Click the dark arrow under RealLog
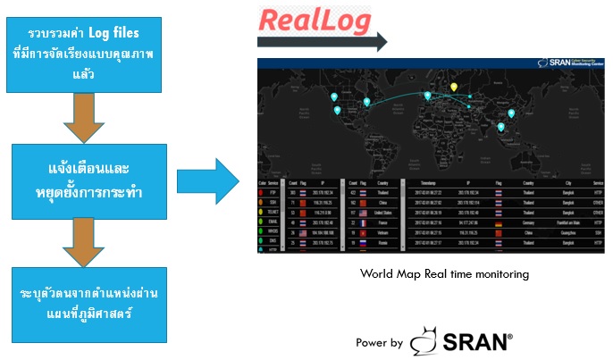[321, 41]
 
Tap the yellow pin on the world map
[453, 88]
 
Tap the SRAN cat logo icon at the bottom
[426, 340]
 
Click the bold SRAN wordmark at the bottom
[476, 340]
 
